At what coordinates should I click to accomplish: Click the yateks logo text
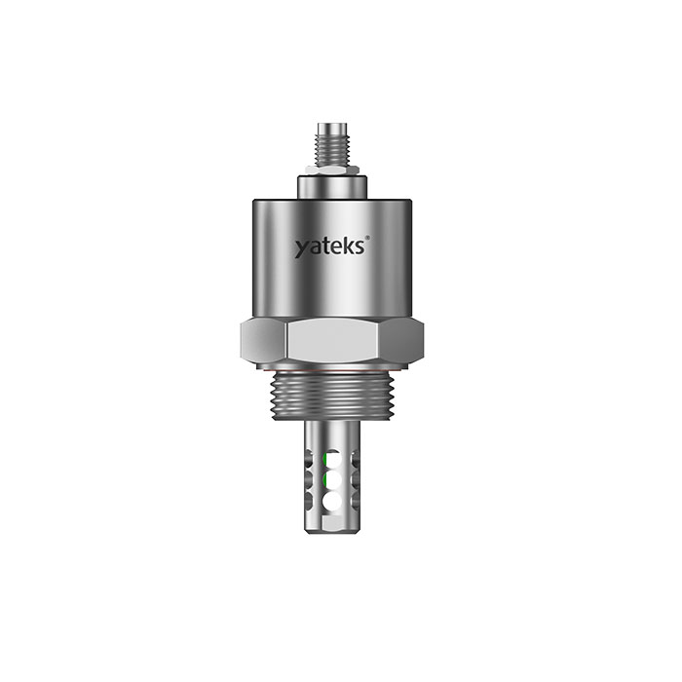(329, 246)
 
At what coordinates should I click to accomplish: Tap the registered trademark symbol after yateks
(367, 237)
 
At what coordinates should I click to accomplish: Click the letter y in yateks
(301, 248)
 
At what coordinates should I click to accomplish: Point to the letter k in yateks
(348, 246)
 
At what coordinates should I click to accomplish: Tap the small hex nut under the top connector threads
(332, 170)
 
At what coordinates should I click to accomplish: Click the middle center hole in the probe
(333, 480)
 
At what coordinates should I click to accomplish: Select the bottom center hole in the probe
(332, 501)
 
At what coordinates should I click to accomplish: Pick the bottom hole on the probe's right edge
(356, 501)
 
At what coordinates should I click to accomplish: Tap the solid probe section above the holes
(332, 434)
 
